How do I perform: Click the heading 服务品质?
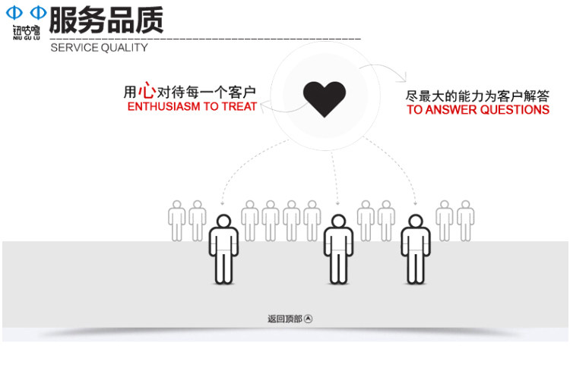106,20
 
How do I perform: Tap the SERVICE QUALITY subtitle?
99,48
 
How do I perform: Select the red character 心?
147,91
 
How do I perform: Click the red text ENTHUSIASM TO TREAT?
192,107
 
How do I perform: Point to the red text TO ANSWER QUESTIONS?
477,110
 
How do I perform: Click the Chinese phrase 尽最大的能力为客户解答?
477,96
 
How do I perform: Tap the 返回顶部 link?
284,319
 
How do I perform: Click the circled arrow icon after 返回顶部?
308,319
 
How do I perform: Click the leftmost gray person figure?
177,220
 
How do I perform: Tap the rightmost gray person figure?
465,220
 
